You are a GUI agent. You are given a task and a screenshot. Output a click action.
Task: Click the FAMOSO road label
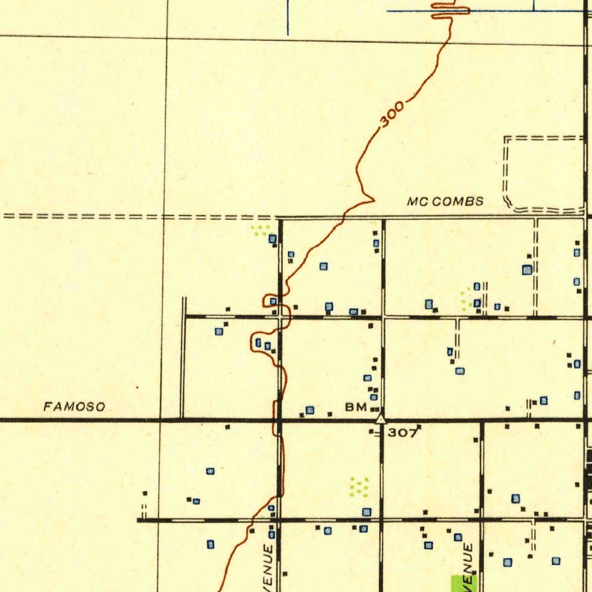tap(75, 407)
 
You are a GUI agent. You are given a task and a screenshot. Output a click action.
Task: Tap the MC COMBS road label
tap(445, 202)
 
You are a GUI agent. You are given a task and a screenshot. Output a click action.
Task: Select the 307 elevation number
tap(402, 432)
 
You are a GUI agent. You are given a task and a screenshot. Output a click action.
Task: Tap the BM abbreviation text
tap(356, 407)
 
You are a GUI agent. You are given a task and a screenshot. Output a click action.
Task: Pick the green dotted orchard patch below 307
tap(359, 487)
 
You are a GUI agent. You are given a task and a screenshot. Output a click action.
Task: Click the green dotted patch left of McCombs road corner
tap(260, 230)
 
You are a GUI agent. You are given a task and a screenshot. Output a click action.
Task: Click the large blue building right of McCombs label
tap(527, 269)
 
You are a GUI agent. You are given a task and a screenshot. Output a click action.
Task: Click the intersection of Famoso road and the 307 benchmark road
tap(381, 420)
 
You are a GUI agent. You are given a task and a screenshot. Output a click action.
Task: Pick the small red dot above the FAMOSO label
tap(137, 386)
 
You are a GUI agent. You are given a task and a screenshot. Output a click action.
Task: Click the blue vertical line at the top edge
tap(287, 17)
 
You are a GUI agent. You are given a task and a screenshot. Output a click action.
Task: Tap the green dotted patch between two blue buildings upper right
tap(464, 298)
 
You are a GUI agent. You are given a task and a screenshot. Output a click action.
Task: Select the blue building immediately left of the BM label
tap(310, 410)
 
